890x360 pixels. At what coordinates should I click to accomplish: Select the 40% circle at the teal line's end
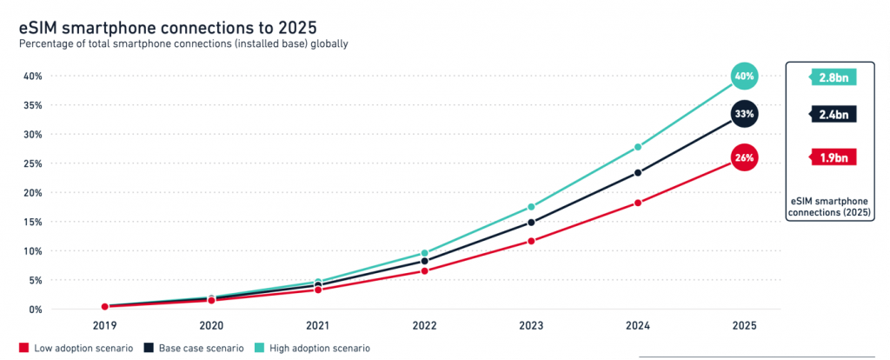click(744, 76)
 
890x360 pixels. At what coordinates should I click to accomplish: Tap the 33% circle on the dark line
click(744, 114)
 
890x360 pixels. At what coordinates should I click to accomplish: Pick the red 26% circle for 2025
click(744, 157)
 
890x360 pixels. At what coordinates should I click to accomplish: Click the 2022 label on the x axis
click(424, 325)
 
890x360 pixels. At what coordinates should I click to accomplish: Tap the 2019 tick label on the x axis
click(105, 325)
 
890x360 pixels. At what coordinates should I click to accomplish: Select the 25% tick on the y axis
click(32, 163)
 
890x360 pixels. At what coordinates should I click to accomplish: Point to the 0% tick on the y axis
click(35, 310)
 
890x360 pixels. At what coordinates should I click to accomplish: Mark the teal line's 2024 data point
click(638, 147)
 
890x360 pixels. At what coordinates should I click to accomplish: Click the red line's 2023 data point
click(531, 241)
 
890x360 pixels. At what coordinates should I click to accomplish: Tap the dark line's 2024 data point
click(638, 172)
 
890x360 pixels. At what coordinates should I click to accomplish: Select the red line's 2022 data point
click(424, 270)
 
